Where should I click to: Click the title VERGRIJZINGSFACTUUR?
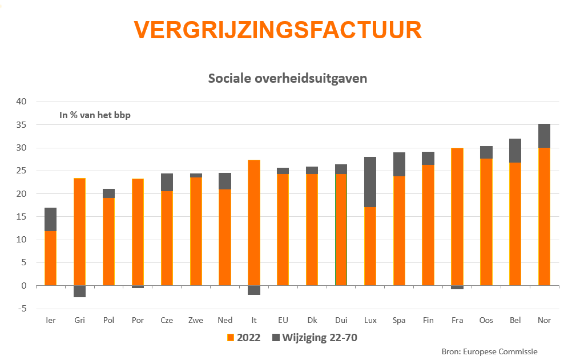278,30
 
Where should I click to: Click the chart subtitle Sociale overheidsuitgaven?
287,78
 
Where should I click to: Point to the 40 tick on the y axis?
21,102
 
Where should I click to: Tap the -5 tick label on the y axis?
21,309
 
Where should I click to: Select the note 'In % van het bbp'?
95,115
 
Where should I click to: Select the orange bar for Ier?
50,258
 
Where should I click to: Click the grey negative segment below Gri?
79,291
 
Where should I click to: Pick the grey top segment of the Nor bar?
544,136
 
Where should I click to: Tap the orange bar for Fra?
457,217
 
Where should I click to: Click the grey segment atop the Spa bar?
399,164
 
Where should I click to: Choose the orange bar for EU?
283,229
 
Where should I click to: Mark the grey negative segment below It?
253,290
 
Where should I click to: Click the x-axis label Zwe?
196,321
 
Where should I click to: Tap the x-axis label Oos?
486,321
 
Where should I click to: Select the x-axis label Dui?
341,321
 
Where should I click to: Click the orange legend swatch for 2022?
231,338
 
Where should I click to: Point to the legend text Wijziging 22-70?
320,338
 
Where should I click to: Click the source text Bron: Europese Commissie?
489,351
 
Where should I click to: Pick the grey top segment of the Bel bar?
515,151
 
